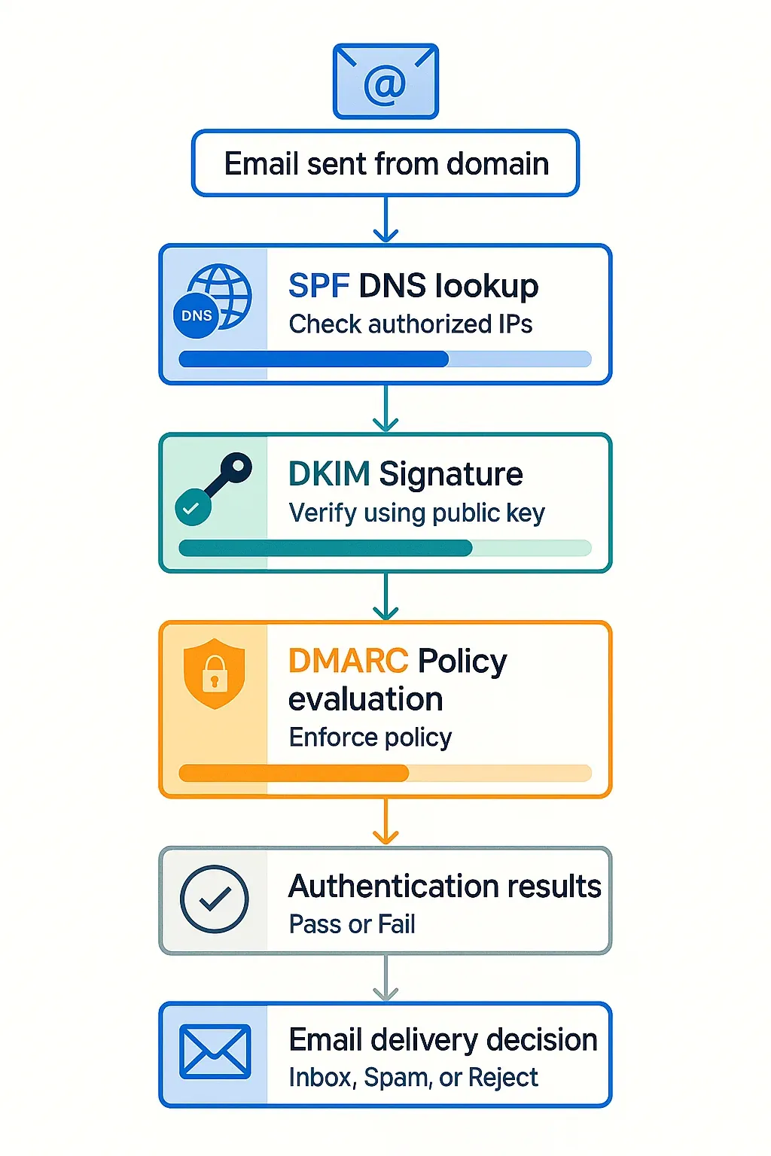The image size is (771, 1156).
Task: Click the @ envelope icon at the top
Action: (x=385, y=81)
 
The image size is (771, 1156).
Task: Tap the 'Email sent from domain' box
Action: (x=385, y=164)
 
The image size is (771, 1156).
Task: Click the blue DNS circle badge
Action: (x=197, y=315)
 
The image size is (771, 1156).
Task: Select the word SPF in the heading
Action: (x=318, y=286)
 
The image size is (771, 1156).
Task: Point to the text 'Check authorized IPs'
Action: (x=410, y=324)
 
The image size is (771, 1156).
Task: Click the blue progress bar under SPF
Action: (x=385, y=359)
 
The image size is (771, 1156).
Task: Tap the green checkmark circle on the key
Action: (x=193, y=507)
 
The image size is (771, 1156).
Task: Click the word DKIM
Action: (x=329, y=474)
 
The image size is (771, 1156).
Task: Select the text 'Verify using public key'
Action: (x=416, y=513)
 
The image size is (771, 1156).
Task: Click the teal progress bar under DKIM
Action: (x=385, y=548)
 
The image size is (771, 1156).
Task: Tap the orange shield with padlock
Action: (x=215, y=673)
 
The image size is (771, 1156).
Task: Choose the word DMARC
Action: (x=348, y=661)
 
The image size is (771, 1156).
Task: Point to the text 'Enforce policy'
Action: (x=370, y=738)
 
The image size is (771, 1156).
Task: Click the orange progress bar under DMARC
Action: (x=385, y=773)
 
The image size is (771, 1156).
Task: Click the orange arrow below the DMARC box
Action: (x=385, y=822)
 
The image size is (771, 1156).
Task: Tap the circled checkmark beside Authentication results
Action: (x=215, y=899)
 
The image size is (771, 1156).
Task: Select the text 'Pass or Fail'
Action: (x=352, y=924)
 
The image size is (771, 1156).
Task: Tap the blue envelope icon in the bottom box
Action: (x=215, y=1051)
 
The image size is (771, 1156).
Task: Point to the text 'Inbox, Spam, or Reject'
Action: (x=413, y=1078)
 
